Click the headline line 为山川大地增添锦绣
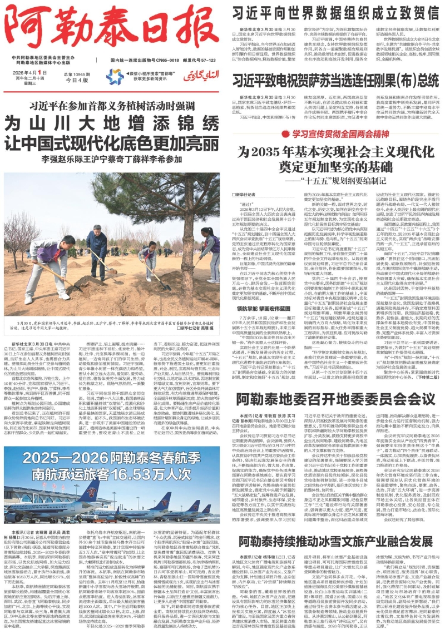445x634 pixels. click(112, 121)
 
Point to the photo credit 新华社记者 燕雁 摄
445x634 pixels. click(196, 327)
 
